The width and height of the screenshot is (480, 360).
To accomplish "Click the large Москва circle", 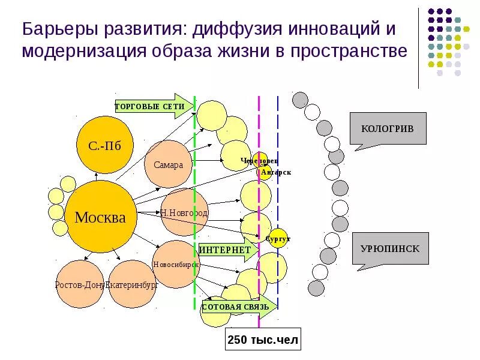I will [x=100, y=217].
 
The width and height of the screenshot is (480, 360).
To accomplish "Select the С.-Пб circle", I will [x=105, y=145].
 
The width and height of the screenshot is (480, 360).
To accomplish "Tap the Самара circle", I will [x=168, y=164].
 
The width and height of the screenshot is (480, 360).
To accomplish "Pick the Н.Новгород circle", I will [x=184, y=212].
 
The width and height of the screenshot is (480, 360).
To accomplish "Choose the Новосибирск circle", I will [x=176, y=264].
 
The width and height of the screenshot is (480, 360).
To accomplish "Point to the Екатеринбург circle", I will [x=132, y=284].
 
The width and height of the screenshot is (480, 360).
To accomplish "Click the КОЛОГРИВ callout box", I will [x=388, y=130].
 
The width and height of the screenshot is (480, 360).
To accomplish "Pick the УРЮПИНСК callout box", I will [x=390, y=248].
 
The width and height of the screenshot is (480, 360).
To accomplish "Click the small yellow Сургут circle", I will [x=278, y=238].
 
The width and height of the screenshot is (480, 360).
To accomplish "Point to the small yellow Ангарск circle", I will [x=265, y=173].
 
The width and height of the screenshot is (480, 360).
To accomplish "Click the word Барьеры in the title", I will [x=56, y=28].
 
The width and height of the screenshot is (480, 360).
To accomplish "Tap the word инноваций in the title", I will [x=332, y=28].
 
